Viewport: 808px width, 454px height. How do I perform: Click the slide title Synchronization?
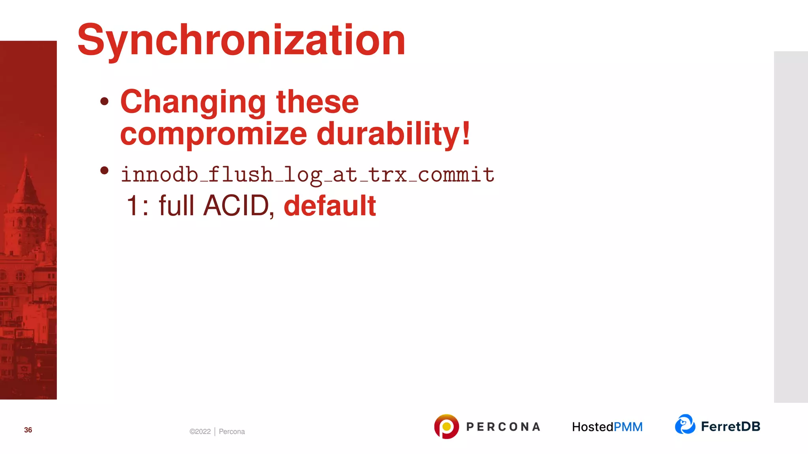pyautogui.click(x=241, y=40)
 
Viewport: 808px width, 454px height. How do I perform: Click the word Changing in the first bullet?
pyautogui.click(x=193, y=102)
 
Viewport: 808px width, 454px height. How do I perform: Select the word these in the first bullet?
pyautogui.click(x=318, y=102)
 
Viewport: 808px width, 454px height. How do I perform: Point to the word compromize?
pyautogui.click(x=213, y=134)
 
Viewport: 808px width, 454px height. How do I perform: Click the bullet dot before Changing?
pyautogui.click(x=105, y=101)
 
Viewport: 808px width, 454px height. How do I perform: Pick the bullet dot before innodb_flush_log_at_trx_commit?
pyautogui.click(x=105, y=170)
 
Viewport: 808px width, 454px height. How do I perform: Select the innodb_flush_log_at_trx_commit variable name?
pyautogui.click(x=307, y=175)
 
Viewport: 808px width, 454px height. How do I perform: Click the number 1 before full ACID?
pyautogui.click(x=132, y=206)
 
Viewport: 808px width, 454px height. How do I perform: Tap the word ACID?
pyautogui.click(x=236, y=206)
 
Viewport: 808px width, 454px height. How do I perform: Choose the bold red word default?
pyautogui.click(x=330, y=206)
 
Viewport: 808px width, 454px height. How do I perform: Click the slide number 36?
pyautogui.click(x=28, y=430)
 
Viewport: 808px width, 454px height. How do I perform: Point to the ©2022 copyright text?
pyautogui.click(x=200, y=432)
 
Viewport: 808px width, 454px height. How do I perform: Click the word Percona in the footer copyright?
pyautogui.click(x=232, y=432)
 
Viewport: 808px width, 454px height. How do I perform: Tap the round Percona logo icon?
pyautogui.click(x=446, y=426)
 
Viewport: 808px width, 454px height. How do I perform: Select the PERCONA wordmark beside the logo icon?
pyautogui.click(x=503, y=427)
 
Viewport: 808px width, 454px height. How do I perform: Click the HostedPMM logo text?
pyautogui.click(x=607, y=427)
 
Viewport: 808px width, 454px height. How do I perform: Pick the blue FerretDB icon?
pyautogui.click(x=685, y=424)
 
